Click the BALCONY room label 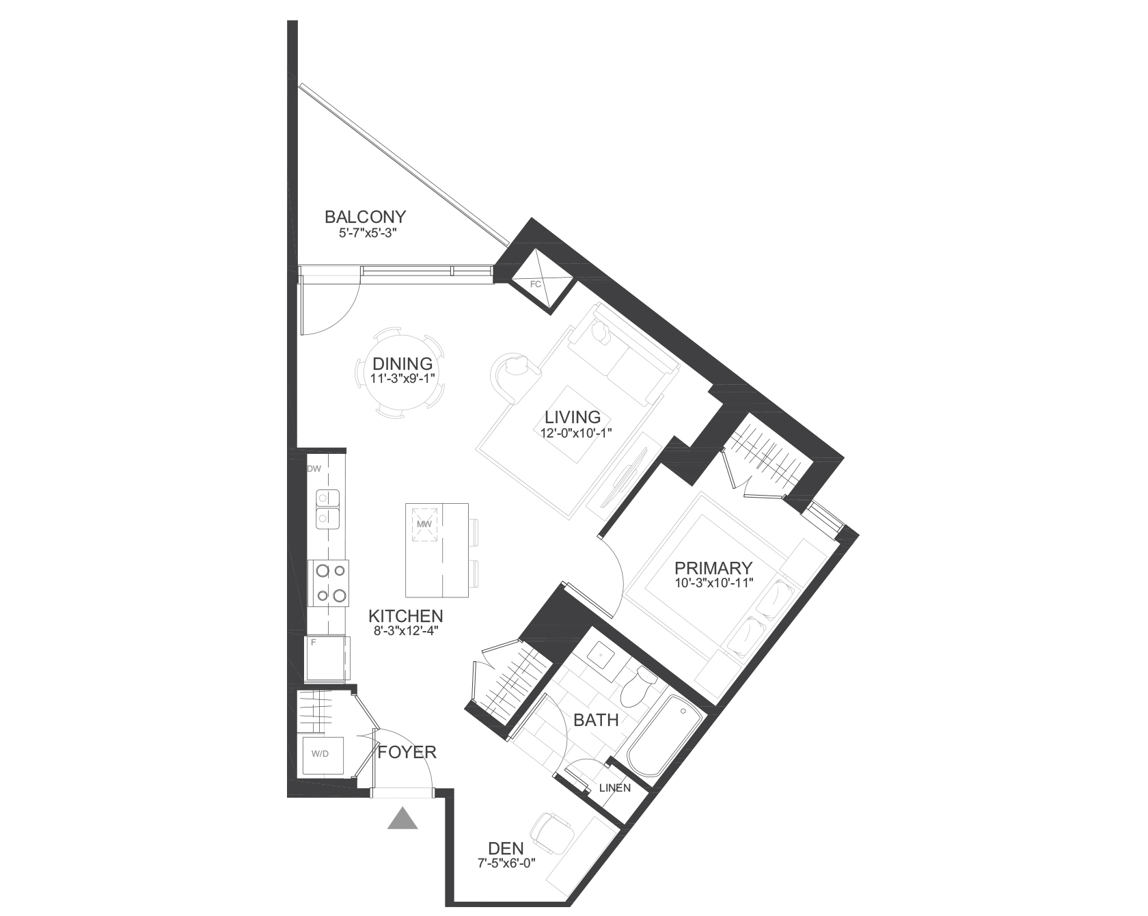coord(365,217)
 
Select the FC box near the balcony coord(536,280)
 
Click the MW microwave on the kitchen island coord(423,523)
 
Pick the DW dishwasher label coord(314,469)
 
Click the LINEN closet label coord(614,787)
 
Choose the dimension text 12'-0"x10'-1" coord(572,432)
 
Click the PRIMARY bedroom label coord(713,568)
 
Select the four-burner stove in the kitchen coord(329,583)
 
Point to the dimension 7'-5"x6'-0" coord(506,863)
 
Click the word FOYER coord(407,753)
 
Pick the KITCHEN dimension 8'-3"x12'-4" coord(405,631)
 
